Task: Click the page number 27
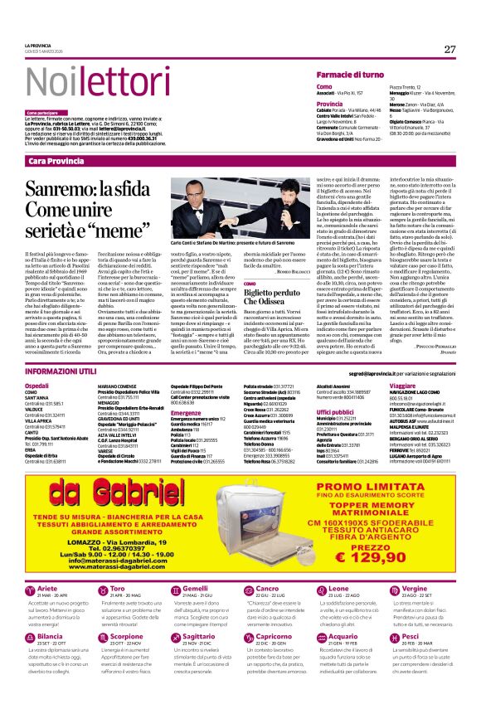point(449,49)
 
